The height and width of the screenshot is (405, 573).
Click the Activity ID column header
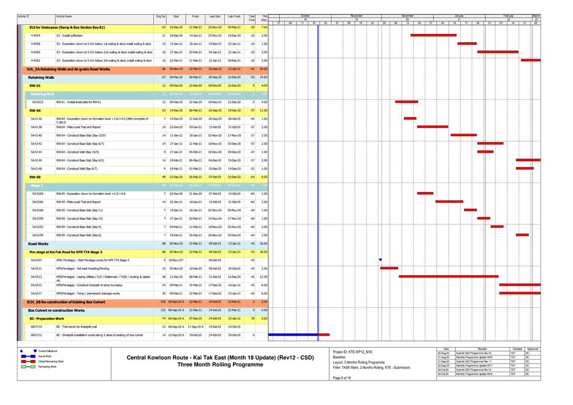tap(23, 17)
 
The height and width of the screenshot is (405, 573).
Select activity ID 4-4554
tap(36, 35)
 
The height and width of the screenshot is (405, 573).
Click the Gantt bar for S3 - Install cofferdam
tap(433, 35)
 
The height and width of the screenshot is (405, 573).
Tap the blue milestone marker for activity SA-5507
tap(380, 259)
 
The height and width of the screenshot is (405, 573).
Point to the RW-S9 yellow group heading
tap(35, 177)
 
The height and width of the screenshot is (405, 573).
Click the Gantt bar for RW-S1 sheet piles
tap(406, 102)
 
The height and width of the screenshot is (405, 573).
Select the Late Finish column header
tap(234, 17)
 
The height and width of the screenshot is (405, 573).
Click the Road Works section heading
tap(38, 243)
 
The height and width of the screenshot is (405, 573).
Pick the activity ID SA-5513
tap(36, 276)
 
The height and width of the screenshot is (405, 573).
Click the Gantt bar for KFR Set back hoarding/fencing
tap(389, 268)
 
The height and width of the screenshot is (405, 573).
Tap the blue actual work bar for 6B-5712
tap(293, 335)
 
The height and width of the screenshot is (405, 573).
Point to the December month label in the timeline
tap(407, 16)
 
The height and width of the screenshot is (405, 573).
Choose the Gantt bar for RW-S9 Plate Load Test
tap(449, 202)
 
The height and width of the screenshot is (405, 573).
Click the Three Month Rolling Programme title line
tap(220, 365)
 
